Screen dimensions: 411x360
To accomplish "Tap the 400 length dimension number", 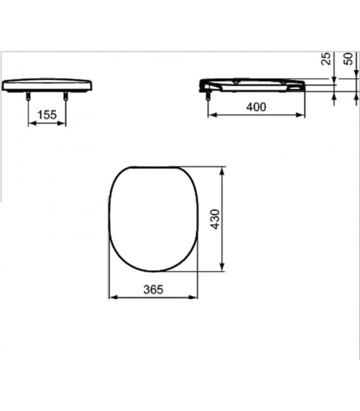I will coord(256,107).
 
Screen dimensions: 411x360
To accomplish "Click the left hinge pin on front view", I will coord(29,95).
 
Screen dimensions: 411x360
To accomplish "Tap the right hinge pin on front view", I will coord(66,95).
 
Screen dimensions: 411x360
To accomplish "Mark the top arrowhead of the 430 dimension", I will coord(222,169).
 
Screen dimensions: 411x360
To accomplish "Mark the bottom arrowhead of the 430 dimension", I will coord(222,269).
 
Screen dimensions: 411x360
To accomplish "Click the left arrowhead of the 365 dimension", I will coord(112,297).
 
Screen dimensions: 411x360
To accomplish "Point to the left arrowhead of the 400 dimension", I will coord(212,115).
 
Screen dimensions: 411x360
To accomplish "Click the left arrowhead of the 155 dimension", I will coord(32,122).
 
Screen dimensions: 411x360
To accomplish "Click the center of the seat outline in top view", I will coord(153,218).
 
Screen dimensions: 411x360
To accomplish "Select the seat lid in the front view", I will coord(47,84).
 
